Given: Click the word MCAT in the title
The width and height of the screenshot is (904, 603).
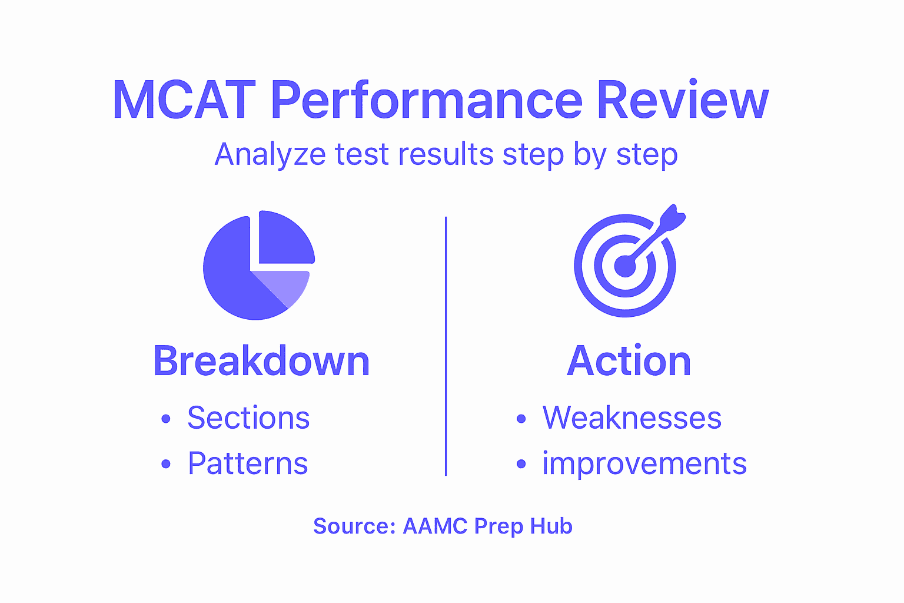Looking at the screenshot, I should (184, 100).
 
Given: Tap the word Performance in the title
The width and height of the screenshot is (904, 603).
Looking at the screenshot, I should (426, 100).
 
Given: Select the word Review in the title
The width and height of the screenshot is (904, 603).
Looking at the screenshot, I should (683, 100).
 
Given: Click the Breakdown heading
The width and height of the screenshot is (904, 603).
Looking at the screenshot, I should (261, 361).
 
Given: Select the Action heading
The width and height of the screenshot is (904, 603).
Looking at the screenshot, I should (629, 361).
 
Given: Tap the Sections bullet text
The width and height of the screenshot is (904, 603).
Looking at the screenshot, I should (248, 418).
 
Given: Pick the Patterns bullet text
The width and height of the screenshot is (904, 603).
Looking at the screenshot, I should (248, 463).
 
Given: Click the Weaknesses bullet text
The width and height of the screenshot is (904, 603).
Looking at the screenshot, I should (632, 418).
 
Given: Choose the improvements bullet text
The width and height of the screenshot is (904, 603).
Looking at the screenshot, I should (644, 463).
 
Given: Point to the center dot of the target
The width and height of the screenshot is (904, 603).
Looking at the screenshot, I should (624, 267).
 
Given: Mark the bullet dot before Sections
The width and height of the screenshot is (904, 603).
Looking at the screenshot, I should (166, 419).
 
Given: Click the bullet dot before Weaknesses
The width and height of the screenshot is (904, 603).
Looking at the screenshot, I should (521, 419).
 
